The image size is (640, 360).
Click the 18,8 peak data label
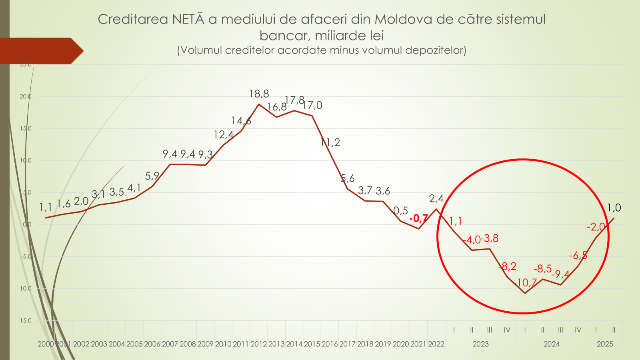[259, 94]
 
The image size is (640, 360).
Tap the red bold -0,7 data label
[418, 218]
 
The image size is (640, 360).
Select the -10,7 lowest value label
[526, 283]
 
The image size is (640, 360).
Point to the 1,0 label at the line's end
[614, 208]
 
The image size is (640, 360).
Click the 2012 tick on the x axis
[258, 344]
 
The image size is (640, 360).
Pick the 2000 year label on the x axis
[46, 344]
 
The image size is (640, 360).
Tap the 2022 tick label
[436, 344]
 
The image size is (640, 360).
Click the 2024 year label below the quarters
[552, 344]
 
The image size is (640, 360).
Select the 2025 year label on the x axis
[605, 344]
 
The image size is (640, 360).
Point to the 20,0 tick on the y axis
[26, 96]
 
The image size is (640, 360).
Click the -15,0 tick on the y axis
[24, 320]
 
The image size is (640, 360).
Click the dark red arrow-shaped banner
[40, 51]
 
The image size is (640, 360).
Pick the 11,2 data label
[330, 142]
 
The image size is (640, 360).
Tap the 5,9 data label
[152, 176]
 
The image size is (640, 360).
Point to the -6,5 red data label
[578, 256]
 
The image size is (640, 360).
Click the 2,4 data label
[436, 198]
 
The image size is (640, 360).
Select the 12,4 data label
[223, 135]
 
